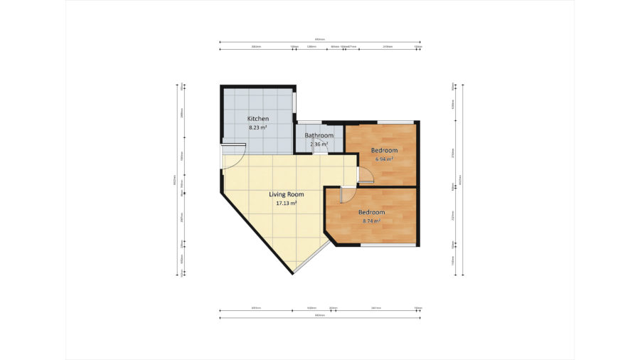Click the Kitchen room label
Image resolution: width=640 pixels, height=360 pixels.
(x=257, y=118)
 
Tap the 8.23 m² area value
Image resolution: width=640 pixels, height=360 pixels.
(x=257, y=127)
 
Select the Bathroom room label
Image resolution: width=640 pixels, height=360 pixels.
(x=319, y=135)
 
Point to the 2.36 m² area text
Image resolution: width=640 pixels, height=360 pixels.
(x=319, y=144)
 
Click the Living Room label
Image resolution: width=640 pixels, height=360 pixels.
(x=286, y=194)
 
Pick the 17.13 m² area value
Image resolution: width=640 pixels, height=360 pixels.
(x=286, y=203)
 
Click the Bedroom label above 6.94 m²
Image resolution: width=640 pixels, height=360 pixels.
(x=384, y=151)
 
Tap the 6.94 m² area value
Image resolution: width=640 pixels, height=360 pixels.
(x=384, y=159)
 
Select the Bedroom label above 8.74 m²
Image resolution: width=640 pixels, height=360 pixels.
(x=371, y=212)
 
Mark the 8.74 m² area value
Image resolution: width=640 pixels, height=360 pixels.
(x=371, y=221)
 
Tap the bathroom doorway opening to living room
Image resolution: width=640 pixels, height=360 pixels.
(x=320, y=154)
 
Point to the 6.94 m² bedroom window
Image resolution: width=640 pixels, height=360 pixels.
(x=391, y=122)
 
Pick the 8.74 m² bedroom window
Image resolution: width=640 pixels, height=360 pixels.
(x=388, y=245)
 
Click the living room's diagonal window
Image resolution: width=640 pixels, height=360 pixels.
(x=312, y=258)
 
